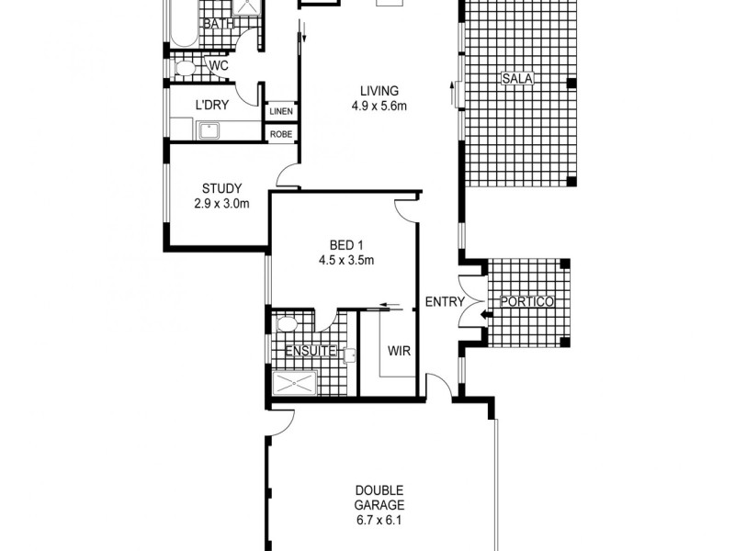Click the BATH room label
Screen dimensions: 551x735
click(x=219, y=24)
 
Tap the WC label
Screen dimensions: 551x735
click(x=219, y=66)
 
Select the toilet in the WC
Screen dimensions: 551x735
click(x=185, y=67)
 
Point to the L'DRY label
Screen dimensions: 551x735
click(x=212, y=105)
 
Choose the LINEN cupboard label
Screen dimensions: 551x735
click(x=281, y=112)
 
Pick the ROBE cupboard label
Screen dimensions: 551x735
click(x=281, y=134)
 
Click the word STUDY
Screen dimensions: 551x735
click(x=221, y=189)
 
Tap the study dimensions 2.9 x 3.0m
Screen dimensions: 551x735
click(x=221, y=204)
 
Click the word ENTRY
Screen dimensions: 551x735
click(x=445, y=302)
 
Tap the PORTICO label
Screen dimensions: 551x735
click(x=526, y=302)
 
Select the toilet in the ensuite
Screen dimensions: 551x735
click(x=286, y=324)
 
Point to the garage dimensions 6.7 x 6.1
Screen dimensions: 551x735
click(x=379, y=520)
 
